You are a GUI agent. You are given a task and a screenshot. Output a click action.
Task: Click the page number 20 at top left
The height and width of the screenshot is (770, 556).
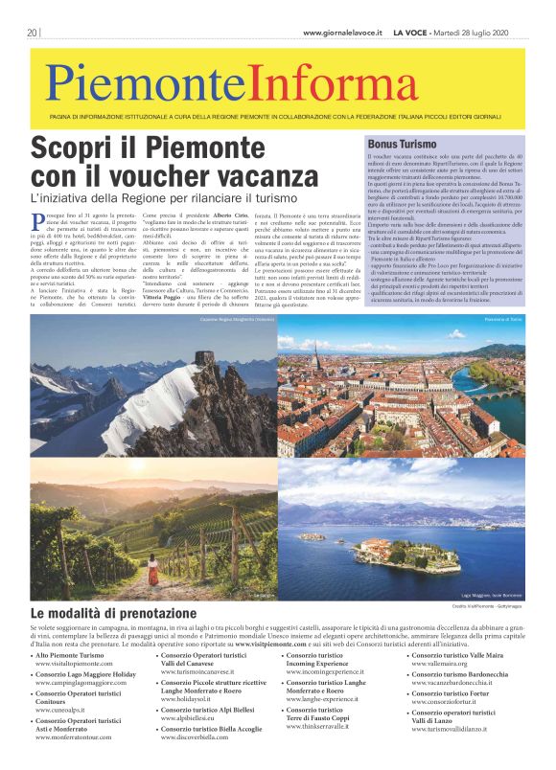tap(34, 32)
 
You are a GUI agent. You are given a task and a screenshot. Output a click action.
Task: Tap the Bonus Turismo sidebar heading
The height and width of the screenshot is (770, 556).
tap(402, 143)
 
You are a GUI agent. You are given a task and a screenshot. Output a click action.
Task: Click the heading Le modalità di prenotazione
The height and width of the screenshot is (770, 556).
tap(113, 613)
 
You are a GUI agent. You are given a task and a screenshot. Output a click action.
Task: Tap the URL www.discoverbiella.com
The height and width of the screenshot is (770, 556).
tap(201, 737)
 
